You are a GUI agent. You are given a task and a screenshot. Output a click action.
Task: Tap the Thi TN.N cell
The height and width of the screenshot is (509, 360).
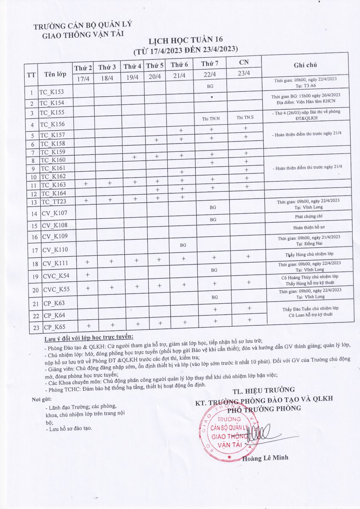211,118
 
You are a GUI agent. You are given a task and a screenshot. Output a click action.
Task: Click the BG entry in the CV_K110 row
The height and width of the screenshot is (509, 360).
183,245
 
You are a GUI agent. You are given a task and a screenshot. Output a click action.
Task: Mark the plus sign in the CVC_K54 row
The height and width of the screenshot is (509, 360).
87,274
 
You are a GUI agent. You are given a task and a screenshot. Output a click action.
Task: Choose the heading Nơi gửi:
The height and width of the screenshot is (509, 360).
42,400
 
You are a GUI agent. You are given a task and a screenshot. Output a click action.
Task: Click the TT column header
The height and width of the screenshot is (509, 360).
31,75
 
